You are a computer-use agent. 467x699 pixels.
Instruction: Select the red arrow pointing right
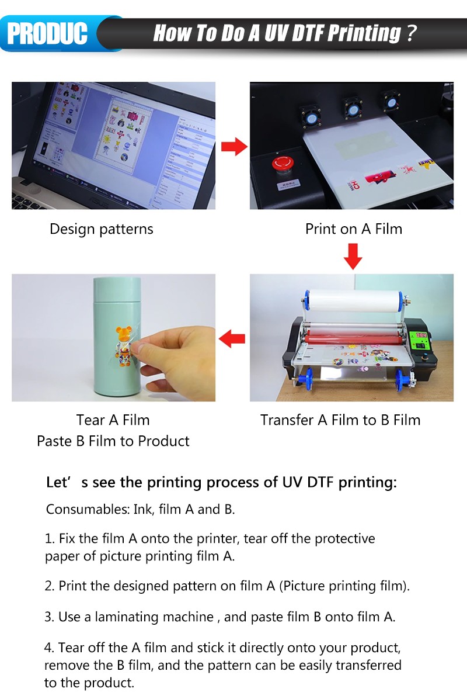tap(234, 146)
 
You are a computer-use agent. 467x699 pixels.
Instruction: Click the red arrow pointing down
tap(353, 257)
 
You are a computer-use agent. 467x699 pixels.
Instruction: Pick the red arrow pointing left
tap(232, 339)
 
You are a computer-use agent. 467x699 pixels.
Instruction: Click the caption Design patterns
tap(102, 229)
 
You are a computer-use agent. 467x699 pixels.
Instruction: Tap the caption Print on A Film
tap(354, 229)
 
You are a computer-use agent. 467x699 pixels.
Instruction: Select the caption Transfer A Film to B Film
tap(340, 420)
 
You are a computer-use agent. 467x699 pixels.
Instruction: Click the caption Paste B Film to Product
tap(113, 441)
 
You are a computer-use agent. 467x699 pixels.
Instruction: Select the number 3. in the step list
tap(50, 617)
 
